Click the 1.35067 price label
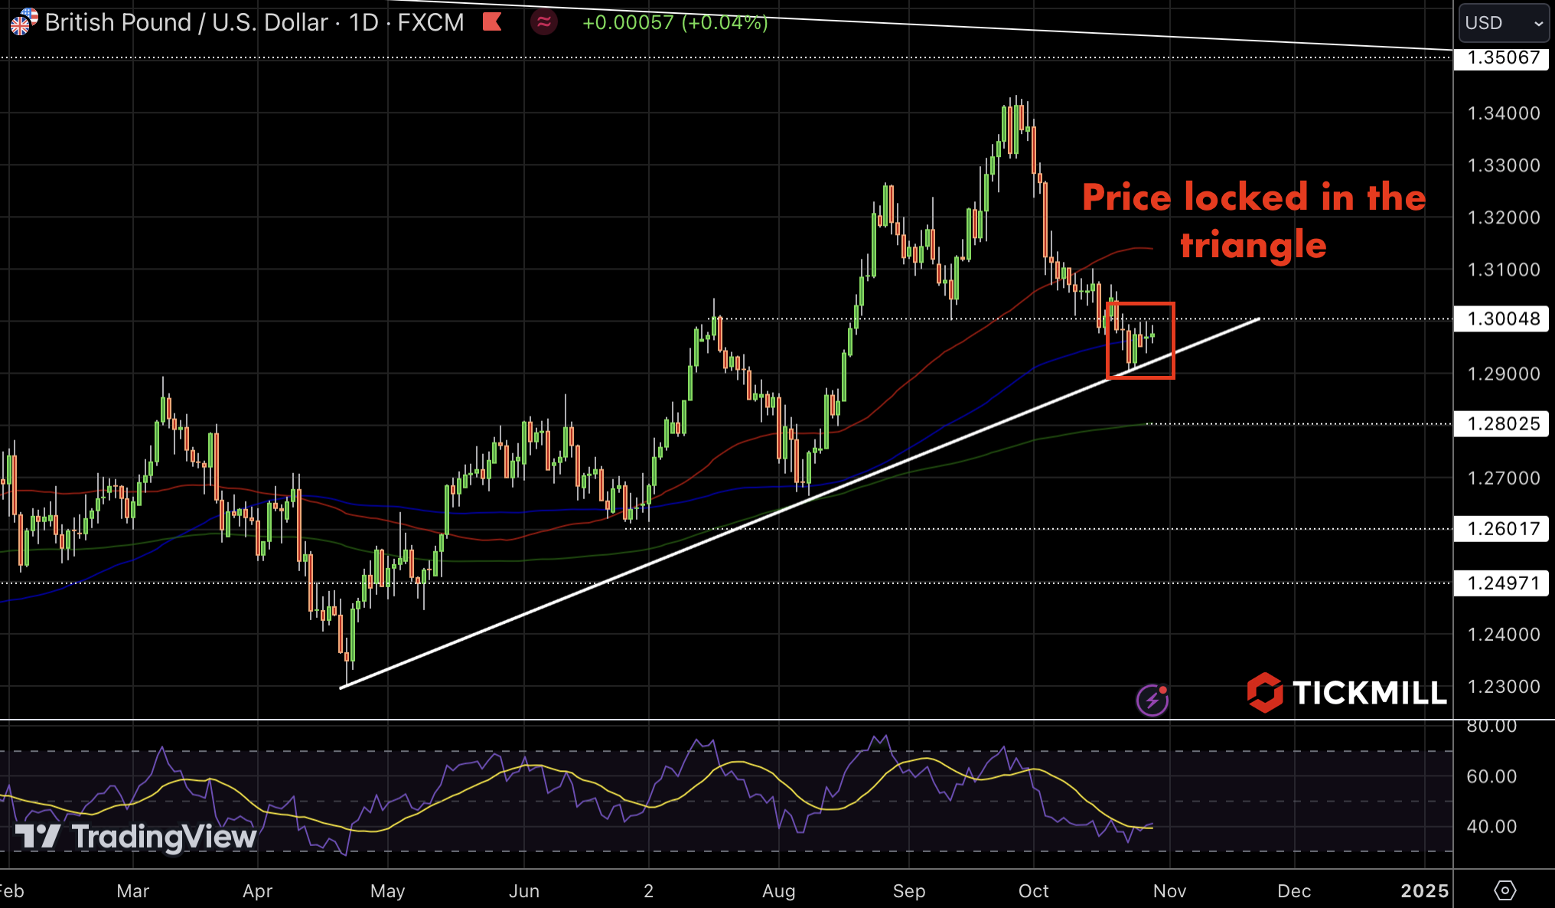tap(1502, 58)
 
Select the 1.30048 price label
tap(1502, 318)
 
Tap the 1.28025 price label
tap(1502, 423)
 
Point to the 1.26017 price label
tap(1502, 528)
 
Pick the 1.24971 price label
tap(1502, 583)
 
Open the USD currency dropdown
tap(1503, 23)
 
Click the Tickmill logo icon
tap(1264, 692)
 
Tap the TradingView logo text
tap(164, 837)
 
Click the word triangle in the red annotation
tap(1253, 246)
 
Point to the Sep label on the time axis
tap(909, 891)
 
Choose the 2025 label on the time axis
tap(1424, 891)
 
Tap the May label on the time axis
tap(387, 891)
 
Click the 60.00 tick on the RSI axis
tap(1491, 776)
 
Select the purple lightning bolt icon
tap(1152, 700)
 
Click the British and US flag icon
tap(23, 21)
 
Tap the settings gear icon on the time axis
tap(1504, 890)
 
